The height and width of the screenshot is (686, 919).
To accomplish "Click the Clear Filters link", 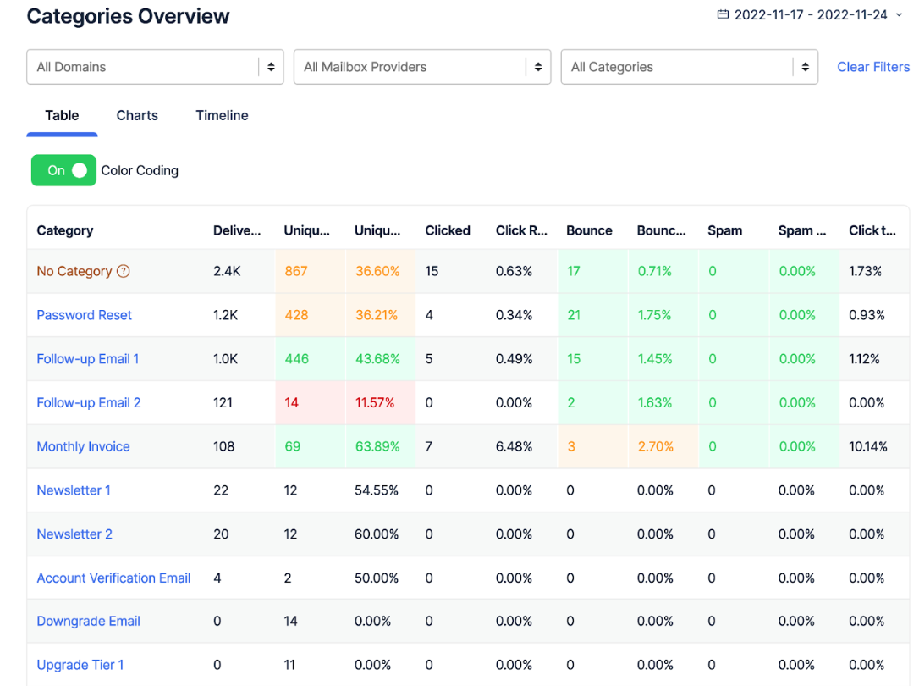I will pos(872,67).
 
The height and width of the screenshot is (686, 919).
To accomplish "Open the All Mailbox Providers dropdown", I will pos(421,67).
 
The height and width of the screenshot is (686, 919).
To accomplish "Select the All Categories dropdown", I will pos(689,67).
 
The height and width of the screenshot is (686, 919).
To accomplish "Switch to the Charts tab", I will pos(137,115).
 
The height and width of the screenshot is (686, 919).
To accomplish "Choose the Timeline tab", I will pos(222,115).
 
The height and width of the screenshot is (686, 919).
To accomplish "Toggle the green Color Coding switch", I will pos(63,170).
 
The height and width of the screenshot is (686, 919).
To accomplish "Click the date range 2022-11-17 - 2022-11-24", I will pos(810,15).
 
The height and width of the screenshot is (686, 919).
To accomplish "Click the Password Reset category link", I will pos(84,315).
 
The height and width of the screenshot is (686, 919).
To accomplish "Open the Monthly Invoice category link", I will pos(83,446).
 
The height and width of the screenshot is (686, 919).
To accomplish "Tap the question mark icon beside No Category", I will pos(124,271).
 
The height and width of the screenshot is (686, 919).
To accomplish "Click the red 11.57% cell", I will pos(375,402).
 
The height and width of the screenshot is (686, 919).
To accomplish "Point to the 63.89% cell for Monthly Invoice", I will pos(377,446).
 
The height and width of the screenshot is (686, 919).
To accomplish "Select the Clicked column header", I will pos(448,230).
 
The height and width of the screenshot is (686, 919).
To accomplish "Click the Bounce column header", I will pos(589,230).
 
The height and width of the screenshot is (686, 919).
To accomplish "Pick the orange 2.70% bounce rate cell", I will pos(655,446).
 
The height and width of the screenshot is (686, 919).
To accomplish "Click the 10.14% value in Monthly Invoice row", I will pos(867,446).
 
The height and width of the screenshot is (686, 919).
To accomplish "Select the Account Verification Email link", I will pos(113,578).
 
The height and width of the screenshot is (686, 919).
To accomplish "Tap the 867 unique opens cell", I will pos(296,271).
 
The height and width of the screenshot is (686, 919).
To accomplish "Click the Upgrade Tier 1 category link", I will pos(80,665).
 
